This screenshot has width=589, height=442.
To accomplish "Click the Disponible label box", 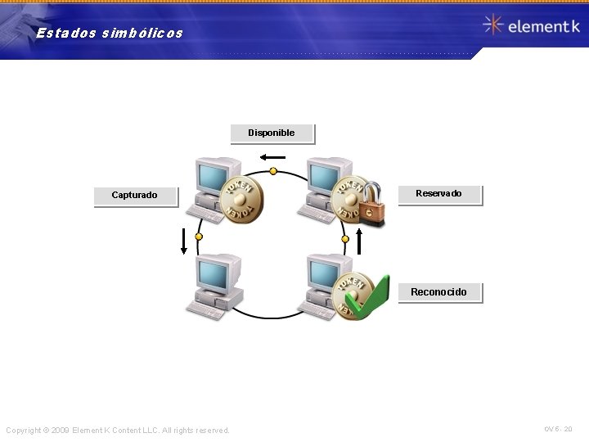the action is pyautogui.click(x=272, y=133).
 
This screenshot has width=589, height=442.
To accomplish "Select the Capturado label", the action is pyautogui.click(x=135, y=196).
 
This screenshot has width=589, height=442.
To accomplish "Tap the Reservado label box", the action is pyautogui.click(x=439, y=194).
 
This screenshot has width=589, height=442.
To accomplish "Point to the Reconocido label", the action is pyautogui.click(x=439, y=292).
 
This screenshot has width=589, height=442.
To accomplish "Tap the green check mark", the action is pyautogui.click(x=366, y=297).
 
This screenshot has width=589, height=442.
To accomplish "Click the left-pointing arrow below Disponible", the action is pyautogui.click(x=272, y=157).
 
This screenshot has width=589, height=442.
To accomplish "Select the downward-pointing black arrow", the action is pyautogui.click(x=184, y=242).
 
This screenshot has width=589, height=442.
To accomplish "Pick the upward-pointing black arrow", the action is pyautogui.click(x=358, y=240).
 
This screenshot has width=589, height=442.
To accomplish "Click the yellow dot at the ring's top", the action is pyautogui.click(x=273, y=172).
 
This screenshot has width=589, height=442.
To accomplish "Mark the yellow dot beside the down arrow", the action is pyautogui.click(x=197, y=238).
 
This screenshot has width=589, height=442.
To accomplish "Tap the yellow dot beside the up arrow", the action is pyautogui.click(x=345, y=239).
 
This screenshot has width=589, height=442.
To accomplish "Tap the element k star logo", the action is pyautogui.click(x=492, y=25).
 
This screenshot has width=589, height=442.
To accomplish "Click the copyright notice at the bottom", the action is pyautogui.click(x=118, y=431).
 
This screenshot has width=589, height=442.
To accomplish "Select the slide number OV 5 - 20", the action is pyautogui.click(x=558, y=429).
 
